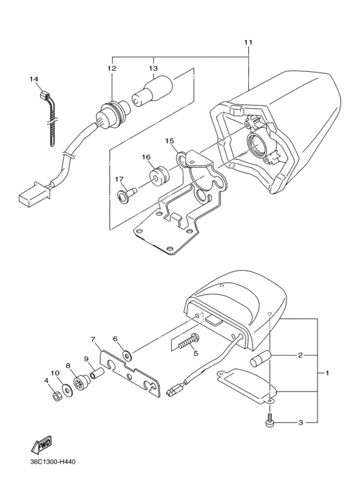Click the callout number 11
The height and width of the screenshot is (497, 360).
click(248, 42)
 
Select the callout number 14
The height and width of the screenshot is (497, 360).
click(34, 79)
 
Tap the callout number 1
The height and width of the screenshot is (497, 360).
click(327, 373)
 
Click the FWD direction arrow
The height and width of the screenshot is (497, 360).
click(40, 444)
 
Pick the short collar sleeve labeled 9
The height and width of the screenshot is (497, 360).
click(97, 372)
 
